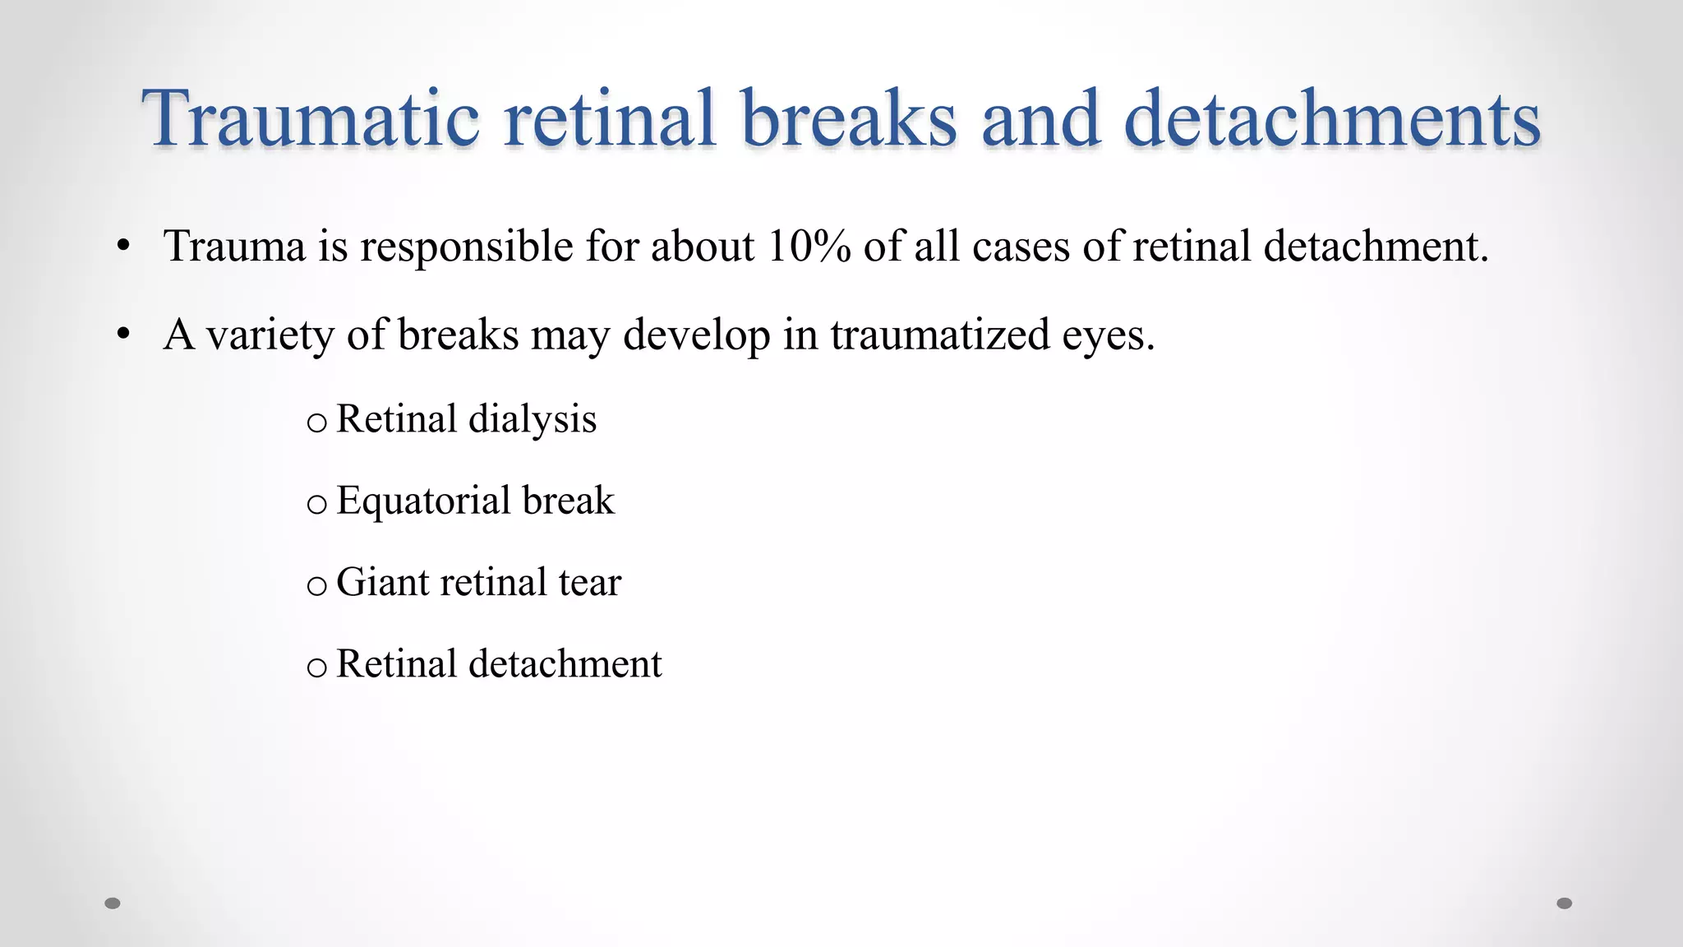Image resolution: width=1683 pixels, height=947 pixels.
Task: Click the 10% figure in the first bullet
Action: (x=808, y=246)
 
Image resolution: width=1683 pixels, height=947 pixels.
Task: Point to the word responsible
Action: (x=467, y=247)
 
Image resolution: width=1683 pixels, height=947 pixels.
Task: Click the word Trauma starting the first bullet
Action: (x=234, y=246)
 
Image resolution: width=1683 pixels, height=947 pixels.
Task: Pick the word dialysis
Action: (x=532, y=419)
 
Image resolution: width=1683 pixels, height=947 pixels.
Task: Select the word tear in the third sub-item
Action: (x=589, y=583)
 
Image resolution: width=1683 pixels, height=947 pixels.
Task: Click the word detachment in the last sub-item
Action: (x=565, y=663)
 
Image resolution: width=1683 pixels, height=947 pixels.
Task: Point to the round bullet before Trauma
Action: (x=123, y=246)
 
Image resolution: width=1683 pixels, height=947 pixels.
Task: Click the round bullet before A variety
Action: (x=123, y=335)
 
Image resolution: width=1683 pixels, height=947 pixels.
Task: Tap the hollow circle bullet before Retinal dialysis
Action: (x=316, y=423)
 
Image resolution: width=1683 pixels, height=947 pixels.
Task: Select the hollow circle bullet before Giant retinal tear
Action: (x=316, y=586)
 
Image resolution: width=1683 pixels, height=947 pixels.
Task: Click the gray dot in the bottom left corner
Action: (x=113, y=903)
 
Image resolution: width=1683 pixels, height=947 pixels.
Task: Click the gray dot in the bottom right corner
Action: (x=1565, y=903)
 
